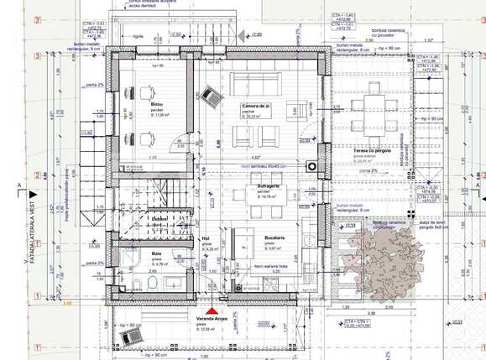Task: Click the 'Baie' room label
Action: [156, 252]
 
